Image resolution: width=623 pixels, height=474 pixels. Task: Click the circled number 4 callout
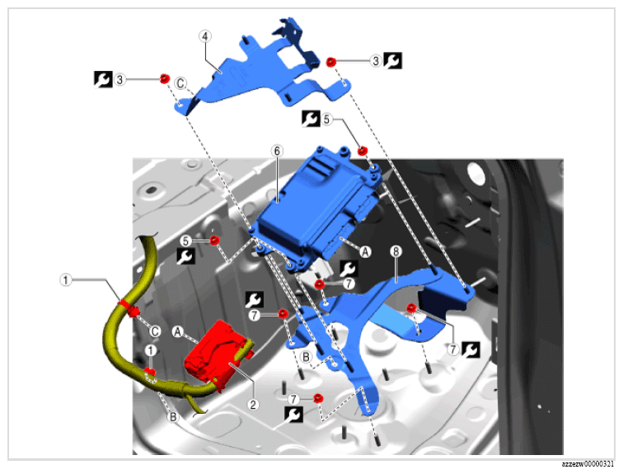tap(204, 36)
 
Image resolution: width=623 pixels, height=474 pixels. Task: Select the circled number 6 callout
tap(277, 151)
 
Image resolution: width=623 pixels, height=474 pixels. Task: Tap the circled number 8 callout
tap(396, 251)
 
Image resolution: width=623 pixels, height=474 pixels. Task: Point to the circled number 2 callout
tap(253, 405)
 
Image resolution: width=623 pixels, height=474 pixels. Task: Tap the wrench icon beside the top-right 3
tap(392, 61)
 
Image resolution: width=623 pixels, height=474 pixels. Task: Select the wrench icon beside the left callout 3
tap(103, 79)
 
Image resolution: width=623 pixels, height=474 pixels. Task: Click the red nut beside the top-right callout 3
tap(331, 62)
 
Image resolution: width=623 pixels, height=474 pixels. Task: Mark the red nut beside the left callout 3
tap(165, 78)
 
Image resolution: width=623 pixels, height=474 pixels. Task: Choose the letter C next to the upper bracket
tap(180, 83)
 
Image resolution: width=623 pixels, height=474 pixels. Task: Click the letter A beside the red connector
tap(178, 331)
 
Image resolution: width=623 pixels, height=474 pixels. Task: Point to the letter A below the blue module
tap(365, 251)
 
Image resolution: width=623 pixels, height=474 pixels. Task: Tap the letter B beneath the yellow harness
tap(173, 417)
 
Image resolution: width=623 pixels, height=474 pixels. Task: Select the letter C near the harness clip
tap(155, 331)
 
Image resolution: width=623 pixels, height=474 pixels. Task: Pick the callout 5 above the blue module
tap(326, 120)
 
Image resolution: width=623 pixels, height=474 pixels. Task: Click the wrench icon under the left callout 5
tap(185, 256)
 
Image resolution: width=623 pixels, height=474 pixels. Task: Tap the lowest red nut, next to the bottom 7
tap(318, 398)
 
